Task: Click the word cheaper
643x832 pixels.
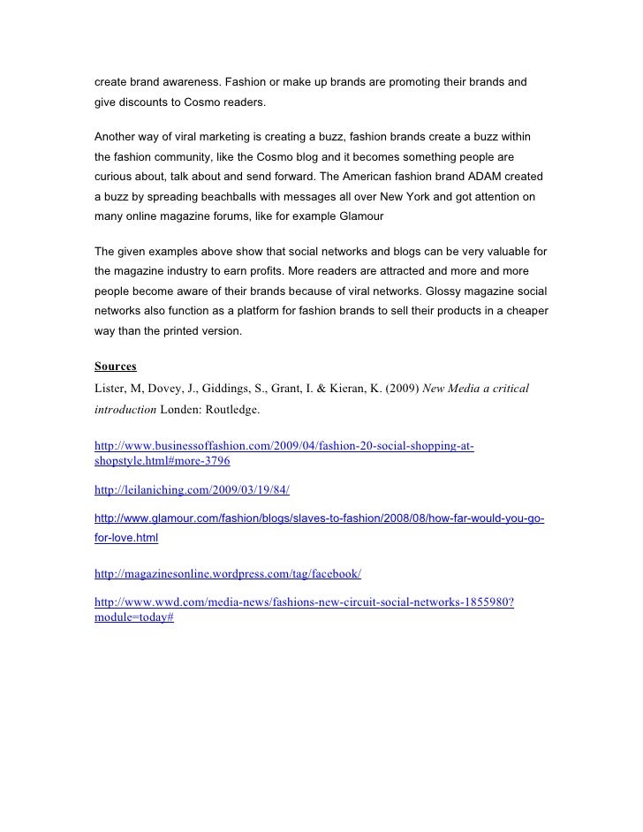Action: [x=526, y=313]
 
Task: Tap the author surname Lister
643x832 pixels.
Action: [x=110, y=389]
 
